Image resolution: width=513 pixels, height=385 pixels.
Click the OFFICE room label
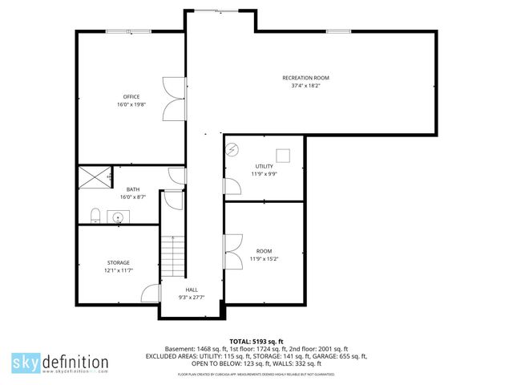(x=131, y=97)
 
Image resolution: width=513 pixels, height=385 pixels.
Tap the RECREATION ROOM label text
(x=305, y=78)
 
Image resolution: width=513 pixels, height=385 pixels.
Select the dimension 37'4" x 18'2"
(x=305, y=87)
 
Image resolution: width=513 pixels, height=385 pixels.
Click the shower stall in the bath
(x=95, y=177)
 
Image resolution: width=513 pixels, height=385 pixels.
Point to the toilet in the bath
(x=95, y=215)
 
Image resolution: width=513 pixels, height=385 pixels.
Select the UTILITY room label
(x=264, y=166)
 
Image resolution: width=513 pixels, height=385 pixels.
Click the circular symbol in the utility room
(x=232, y=149)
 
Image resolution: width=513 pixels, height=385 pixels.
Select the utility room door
(x=232, y=186)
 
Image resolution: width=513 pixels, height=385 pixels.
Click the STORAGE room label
(x=119, y=262)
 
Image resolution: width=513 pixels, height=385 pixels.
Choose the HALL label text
(x=192, y=290)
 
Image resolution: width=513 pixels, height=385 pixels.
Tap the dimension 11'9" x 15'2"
(x=264, y=259)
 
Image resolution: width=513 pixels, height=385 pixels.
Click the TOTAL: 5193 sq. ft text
(x=256, y=342)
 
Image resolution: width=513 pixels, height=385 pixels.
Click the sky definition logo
(x=59, y=362)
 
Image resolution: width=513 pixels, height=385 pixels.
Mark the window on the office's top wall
(x=128, y=31)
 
